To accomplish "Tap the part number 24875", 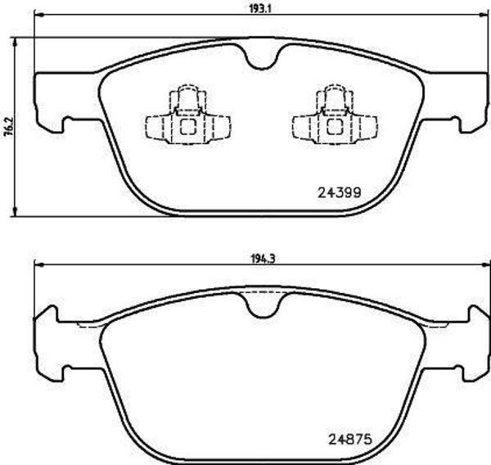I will pos(351,438).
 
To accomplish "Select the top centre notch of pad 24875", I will pos(262,307).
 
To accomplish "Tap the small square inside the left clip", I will pos(187,127).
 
